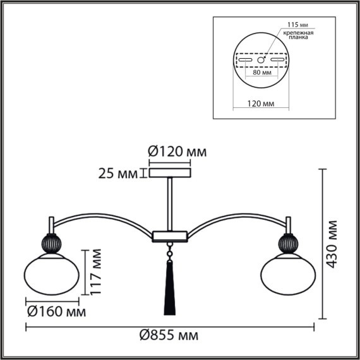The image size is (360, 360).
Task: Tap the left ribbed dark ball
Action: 51,243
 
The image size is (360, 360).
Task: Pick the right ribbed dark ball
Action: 287,243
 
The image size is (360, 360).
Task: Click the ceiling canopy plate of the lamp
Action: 169,172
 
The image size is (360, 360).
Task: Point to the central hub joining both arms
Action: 169,236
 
